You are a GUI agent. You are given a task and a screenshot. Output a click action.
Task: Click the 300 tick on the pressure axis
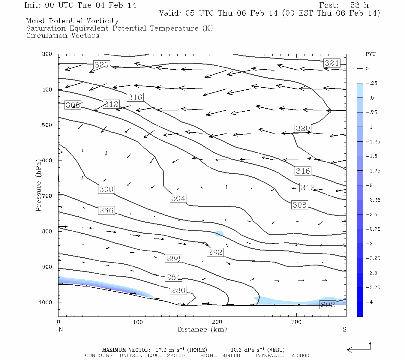(x=47, y=54)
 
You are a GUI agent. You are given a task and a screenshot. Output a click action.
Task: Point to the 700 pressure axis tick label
(x=47, y=196)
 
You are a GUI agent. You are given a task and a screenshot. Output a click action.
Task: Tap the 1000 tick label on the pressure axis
(x=46, y=302)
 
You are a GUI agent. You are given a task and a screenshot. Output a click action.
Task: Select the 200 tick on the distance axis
(x=217, y=322)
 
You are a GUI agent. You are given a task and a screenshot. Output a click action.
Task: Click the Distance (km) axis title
(x=202, y=330)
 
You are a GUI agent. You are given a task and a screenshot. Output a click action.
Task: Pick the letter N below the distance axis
(x=61, y=330)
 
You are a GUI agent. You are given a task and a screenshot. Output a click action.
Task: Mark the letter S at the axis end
(x=344, y=330)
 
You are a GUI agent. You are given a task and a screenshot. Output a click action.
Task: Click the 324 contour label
(x=332, y=63)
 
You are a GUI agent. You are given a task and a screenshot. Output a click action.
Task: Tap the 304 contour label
(x=178, y=198)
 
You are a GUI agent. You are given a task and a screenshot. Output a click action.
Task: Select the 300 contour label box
(x=106, y=189)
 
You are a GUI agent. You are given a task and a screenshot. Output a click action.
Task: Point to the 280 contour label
(x=178, y=290)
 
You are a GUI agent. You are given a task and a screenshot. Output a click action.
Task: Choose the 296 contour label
(x=106, y=210)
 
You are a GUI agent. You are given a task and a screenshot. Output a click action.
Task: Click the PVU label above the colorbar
(x=370, y=54)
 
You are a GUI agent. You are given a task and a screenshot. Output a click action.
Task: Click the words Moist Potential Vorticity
(x=72, y=21)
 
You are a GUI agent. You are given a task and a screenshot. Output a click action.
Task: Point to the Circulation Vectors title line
(x=62, y=36)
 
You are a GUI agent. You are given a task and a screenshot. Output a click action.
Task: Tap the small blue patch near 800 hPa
(x=219, y=233)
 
